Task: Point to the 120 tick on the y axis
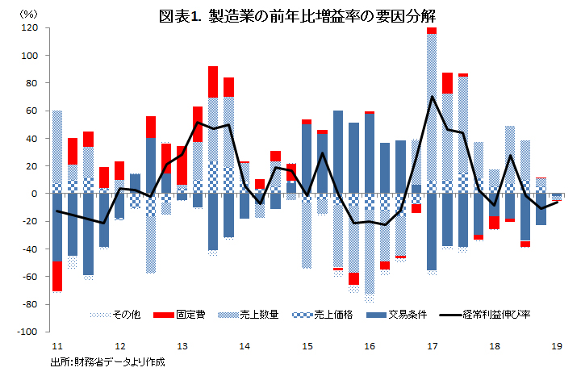(31, 28)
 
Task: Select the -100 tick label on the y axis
(28, 332)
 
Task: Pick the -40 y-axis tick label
(31, 249)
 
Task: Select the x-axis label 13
(181, 345)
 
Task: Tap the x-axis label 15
(307, 345)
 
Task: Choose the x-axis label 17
(433, 345)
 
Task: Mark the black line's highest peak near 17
(433, 97)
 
